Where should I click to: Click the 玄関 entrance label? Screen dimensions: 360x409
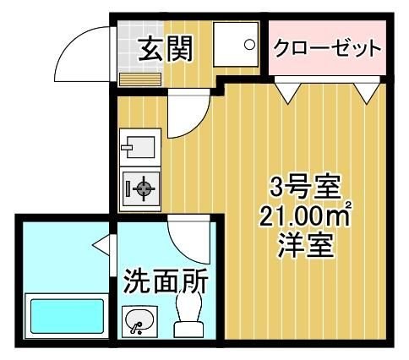click(x=166, y=49)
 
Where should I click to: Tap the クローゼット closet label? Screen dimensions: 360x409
click(x=326, y=48)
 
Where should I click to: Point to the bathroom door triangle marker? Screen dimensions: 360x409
click(x=102, y=246)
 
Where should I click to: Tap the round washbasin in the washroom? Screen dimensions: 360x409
click(x=139, y=321)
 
